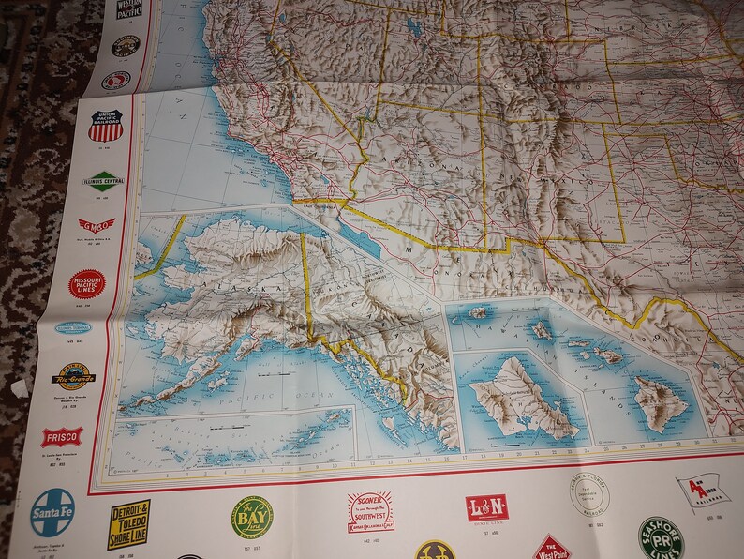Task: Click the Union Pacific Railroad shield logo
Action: [x=105, y=122]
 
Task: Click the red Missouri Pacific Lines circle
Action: [x=86, y=283]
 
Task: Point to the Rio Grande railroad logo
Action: [x=72, y=377]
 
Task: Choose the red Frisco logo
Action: [x=62, y=438]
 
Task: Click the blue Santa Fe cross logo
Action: [x=52, y=510]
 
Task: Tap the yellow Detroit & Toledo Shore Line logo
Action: [x=129, y=522]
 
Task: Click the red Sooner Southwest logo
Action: [x=370, y=512]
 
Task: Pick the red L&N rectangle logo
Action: [x=486, y=507]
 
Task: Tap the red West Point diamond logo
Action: [x=553, y=547]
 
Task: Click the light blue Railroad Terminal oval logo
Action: [x=73, y=328]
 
